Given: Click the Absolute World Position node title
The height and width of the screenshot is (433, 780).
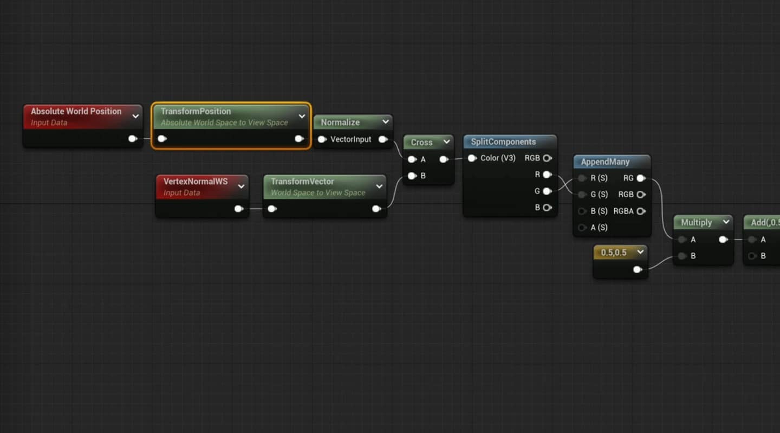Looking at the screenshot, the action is [76, 111].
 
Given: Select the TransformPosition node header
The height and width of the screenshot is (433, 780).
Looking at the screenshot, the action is [231, 117].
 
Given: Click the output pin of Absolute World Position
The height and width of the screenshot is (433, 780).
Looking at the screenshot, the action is [132, 139].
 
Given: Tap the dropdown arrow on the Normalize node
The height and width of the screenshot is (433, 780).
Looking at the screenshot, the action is [386, 121].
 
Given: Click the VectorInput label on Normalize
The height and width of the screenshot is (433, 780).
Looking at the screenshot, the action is [350, 139].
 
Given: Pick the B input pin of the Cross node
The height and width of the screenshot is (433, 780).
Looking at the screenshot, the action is [412, 176].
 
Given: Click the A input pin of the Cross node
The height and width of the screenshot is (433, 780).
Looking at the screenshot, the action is [412, 159].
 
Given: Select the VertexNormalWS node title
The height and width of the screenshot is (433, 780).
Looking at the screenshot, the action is [196, 182].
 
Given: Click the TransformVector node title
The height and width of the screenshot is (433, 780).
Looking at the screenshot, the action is [302, 182].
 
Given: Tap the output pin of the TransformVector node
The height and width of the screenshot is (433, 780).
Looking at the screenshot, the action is [376, 209].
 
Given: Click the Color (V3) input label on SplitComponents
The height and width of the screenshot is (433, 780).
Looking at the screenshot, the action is [498, 158].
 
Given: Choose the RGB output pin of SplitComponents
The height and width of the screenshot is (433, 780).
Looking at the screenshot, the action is [548, 158].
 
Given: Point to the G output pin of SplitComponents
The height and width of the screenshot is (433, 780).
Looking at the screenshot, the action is [547, 191].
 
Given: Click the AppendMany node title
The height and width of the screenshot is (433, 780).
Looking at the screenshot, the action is [605, 162].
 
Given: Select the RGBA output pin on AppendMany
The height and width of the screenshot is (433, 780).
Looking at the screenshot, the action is [641, 211].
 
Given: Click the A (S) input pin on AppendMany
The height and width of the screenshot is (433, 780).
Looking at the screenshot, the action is [582, 228].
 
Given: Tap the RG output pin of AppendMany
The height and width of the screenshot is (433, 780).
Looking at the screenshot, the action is [641, 178].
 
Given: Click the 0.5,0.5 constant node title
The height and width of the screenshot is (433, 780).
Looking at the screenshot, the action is [614, 253].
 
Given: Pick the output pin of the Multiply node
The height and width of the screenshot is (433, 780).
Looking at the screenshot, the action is [723, 240].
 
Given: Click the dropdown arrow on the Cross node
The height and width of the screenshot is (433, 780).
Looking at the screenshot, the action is [446, 142].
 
